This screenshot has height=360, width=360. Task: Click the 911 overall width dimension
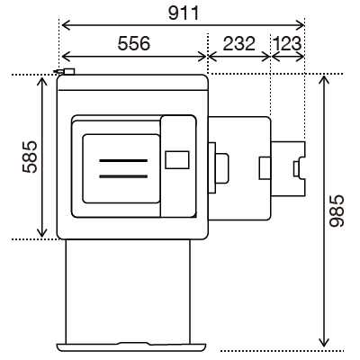(x=184, y=13)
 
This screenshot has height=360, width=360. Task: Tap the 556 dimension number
(x=134, y=43)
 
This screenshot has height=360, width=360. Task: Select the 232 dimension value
(x=239, y=43)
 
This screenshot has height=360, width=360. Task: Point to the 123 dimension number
(x=287, y=43)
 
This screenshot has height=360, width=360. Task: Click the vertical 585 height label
(x=30, y=157)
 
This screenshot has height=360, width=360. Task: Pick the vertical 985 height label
(x=337, y=211)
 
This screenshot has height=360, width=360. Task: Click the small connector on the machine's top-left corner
(x=64, y=71)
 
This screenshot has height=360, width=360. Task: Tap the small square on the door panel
(x=177, y=160)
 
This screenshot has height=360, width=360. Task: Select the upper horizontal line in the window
(x=123, y=161)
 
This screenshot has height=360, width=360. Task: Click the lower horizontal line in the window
(x=123, y=176)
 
